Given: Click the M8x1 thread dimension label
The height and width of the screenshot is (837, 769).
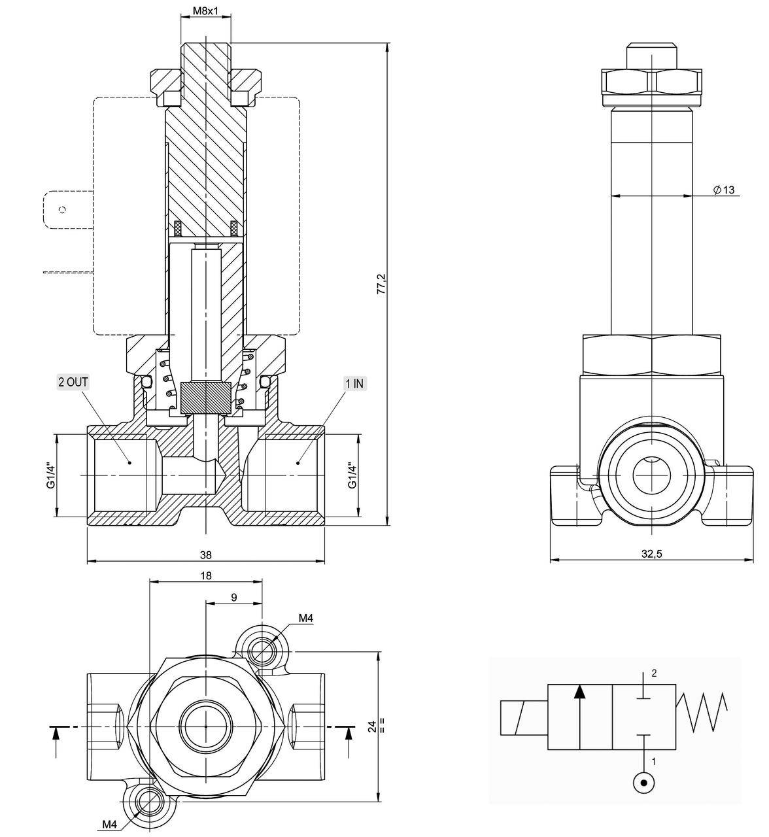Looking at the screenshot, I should (205, 11).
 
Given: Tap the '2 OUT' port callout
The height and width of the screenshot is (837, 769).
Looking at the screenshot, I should (73, 383).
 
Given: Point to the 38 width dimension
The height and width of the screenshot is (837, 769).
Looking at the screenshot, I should (206, 555).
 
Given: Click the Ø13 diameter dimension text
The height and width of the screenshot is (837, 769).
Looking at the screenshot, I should (724, 190).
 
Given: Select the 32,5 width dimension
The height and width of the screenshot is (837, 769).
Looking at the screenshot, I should (651, 553).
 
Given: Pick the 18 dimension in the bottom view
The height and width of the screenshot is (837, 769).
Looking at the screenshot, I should (206, 575).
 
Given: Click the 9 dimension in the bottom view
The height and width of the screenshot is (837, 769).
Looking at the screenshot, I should (234, 597).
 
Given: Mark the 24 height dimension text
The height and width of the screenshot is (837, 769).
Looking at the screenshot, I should (372, 726).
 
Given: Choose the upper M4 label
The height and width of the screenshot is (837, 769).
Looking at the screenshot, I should (306, 618).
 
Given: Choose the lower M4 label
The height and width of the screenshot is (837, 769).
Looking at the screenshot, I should (109, 823).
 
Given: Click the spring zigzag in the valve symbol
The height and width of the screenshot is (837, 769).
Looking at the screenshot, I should (702, 713).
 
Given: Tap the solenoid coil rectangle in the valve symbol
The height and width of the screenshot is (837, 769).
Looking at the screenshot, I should (523, 717).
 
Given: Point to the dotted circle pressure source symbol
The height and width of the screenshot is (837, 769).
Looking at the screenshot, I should (644, 783).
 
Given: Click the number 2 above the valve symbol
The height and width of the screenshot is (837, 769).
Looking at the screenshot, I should (653, 673).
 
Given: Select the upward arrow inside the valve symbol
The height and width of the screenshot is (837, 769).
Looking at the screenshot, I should (579, 716).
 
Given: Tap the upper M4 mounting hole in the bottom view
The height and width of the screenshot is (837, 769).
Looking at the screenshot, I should (263, 649).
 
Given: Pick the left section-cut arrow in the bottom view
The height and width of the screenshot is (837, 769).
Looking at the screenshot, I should (56, 739).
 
